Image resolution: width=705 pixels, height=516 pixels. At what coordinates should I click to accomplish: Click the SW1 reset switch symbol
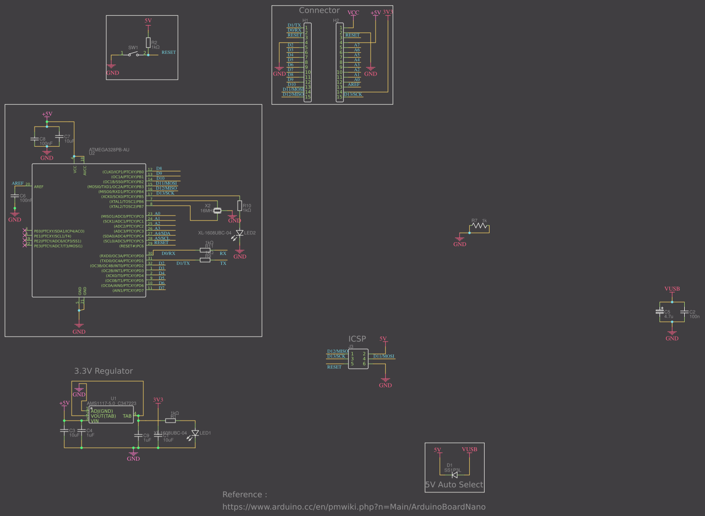[133, 54]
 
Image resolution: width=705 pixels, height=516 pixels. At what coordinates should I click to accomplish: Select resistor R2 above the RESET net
[148, 43]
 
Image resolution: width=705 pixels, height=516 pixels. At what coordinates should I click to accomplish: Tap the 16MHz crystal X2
[217, 211]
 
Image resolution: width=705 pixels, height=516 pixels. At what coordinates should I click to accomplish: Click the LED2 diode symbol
[240, 233]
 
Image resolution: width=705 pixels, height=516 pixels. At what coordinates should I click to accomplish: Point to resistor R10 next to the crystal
[240, 206]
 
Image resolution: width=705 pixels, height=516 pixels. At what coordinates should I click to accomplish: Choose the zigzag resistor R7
[479, 226]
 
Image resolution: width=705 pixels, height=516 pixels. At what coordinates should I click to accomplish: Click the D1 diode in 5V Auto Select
[455, 474]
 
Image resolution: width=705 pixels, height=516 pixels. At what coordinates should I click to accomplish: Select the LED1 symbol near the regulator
[195, 433]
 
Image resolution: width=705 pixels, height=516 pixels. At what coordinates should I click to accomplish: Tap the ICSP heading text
[357, 339]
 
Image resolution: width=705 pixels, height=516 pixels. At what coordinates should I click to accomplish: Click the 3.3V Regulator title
[103, 371]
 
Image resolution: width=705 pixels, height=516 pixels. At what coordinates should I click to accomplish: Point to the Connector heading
[319, 10]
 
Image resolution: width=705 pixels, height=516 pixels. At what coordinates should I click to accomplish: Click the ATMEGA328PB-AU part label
[109, 150]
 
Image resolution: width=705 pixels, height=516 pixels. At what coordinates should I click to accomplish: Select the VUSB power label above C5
[672, 289]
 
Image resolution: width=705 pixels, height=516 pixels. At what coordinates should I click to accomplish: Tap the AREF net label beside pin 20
[18, 183]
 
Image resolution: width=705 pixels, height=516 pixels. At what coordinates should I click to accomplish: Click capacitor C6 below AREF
[15, 196]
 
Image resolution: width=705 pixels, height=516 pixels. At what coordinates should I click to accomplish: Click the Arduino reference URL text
[354, 507]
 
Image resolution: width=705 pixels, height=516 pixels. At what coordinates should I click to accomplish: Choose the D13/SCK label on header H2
[353, 94]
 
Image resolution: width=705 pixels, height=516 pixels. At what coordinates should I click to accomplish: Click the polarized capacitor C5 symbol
[660, 311]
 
